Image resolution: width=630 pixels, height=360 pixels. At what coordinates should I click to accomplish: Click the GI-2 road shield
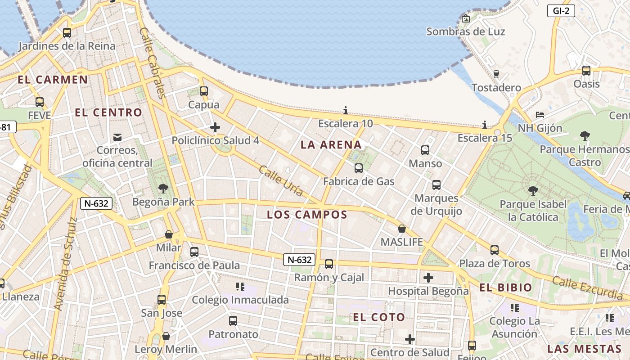561,11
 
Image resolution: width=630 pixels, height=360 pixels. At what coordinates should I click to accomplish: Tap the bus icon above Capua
204,91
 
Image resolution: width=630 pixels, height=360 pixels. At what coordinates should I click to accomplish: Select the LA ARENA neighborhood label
331,144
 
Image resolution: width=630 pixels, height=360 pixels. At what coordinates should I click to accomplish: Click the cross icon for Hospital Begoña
428,278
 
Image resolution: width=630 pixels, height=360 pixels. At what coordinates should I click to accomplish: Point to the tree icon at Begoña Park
163,189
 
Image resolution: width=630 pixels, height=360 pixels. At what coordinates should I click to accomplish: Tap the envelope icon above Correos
117,137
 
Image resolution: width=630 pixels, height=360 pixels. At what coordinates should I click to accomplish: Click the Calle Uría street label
281,181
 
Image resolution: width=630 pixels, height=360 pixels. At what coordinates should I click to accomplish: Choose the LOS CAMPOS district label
307,215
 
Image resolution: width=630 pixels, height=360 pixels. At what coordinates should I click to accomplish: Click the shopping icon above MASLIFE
401,229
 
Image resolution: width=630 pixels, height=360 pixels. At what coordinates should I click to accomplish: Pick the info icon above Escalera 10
346,110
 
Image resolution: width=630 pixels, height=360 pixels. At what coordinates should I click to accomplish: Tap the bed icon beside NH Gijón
540,115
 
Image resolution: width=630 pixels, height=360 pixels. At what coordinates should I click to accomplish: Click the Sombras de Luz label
465,31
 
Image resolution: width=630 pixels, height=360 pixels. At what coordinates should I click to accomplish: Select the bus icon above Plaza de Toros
495,250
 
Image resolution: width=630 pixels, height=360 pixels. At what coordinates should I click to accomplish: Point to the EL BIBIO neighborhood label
505,288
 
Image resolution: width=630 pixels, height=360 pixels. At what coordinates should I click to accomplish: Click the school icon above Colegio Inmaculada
240,286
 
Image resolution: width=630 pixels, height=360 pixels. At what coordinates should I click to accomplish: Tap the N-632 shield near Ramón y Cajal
299,260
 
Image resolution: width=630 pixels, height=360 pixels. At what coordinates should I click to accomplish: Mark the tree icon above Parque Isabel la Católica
533,191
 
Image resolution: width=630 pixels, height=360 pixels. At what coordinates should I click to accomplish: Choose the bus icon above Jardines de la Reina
67,33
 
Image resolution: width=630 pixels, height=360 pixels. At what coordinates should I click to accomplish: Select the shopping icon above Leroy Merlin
166,336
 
